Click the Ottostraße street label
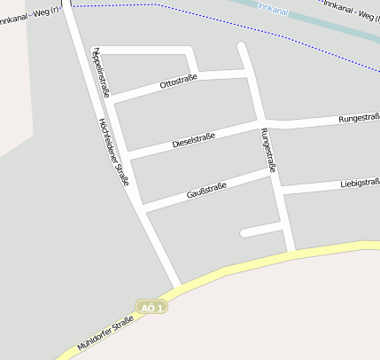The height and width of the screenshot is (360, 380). (x=178, y=82)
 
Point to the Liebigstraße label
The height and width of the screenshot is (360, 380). (x=360, y=184)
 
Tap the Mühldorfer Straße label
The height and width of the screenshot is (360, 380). (x=105, y=333)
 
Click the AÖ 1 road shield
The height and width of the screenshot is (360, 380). (x=152, y=307)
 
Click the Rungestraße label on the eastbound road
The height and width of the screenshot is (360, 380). (x=359, y=118)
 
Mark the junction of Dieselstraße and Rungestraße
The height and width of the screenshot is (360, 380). (x=260, y=122)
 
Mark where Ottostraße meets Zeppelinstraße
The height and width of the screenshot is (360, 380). (x=113, y=99)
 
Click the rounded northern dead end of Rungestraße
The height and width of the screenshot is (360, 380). (x=242, y=45)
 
